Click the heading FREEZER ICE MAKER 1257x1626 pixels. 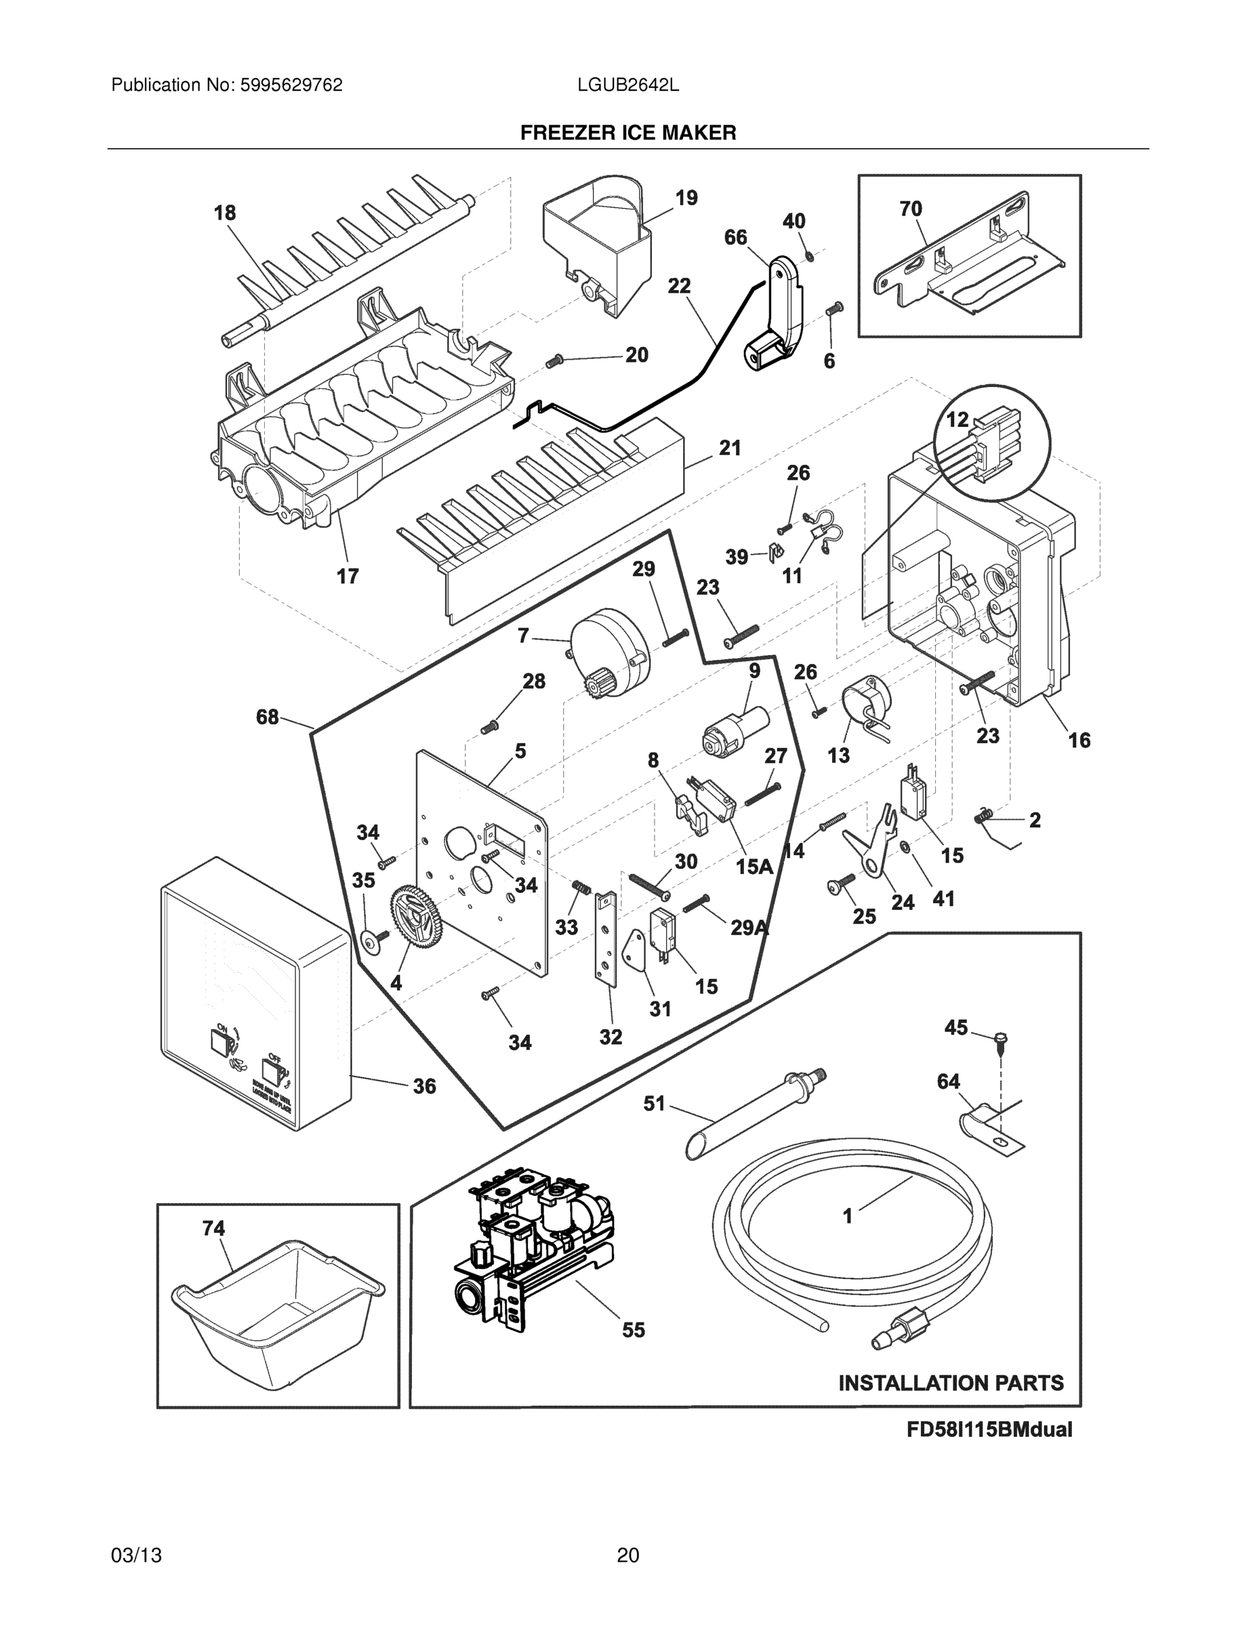pos(627,133)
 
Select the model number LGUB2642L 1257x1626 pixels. pos(627,85)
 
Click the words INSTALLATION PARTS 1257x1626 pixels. pos(951,1383)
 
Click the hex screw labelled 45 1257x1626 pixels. pos(1000,1039)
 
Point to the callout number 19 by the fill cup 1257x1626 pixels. pos(686,197)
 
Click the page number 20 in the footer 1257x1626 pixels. pos(627,1555)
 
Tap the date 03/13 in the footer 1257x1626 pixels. pos(136,1555)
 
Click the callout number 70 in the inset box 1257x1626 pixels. pos(910,209)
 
